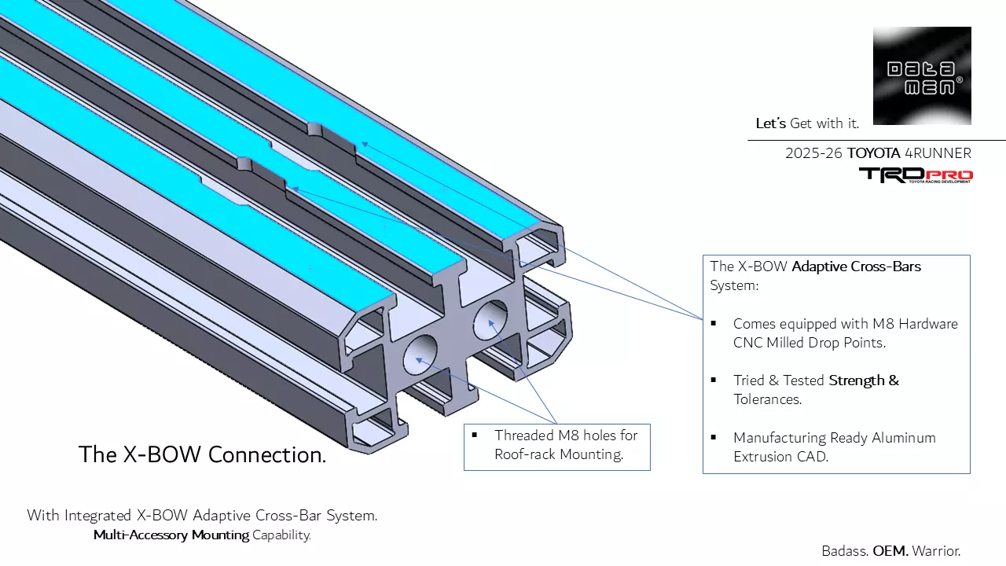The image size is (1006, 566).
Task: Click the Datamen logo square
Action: pos(922,75)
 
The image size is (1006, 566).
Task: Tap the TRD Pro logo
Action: pos(916,175)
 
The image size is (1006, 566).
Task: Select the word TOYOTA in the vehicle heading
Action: pos(874,153)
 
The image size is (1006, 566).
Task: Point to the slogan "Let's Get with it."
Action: pos(807,123)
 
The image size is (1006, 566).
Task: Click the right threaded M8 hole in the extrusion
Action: pos(490,318)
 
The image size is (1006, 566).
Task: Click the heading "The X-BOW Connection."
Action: pos(202,454)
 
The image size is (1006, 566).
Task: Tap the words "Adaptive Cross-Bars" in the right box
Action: pos(856,266)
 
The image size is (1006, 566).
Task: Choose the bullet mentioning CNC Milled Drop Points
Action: pos(845,333)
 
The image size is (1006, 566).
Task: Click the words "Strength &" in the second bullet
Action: pos(864,380)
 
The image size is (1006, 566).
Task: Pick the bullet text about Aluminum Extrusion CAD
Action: pos(834,447)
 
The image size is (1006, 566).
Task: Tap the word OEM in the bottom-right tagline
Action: pos(890,551)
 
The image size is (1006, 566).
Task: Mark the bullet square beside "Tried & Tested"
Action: pos(714,380)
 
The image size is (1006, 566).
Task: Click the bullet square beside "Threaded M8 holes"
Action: pos(475,435)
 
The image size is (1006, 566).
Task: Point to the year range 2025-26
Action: pos(813,153)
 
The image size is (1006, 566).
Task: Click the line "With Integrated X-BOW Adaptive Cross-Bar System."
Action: pos(202,516)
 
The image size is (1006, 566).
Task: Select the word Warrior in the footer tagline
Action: pos(937,551)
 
